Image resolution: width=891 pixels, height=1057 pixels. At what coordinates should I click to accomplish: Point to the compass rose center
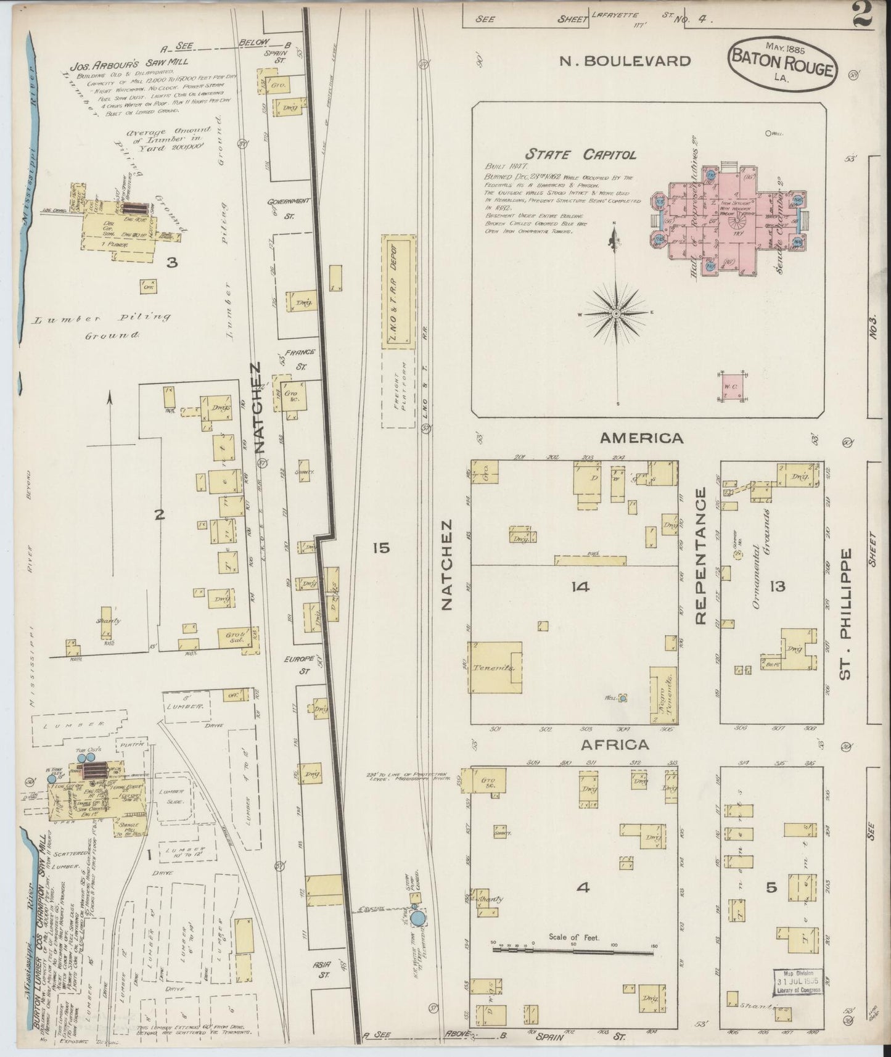point(615,314)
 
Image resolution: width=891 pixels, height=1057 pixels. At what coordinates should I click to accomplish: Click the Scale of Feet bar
point(573,968)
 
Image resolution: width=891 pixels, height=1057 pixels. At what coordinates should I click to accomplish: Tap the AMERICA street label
point(642,438)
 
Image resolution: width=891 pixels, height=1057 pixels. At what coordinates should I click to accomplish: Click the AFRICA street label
point(615,744)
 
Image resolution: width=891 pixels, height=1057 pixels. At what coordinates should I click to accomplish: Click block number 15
point(381,547)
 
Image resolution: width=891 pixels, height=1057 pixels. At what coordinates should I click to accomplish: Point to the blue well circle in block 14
point(623,698)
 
